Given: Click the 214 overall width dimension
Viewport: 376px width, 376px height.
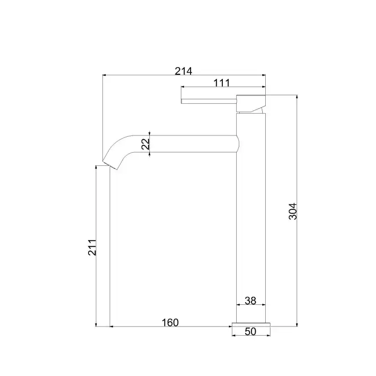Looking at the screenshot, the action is (x=184, y=71).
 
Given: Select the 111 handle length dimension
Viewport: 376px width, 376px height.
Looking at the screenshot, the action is (x=221, y=83).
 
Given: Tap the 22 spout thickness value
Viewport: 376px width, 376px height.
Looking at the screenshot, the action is (x=145, y=144).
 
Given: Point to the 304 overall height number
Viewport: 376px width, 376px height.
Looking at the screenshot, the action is (x=293, y=211).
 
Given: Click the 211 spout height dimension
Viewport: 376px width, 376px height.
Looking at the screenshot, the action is (x=92, y=247).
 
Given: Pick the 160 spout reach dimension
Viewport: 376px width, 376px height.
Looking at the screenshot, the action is (x=170, y=323).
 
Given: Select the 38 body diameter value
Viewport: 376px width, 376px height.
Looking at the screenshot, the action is (x=251, y=300).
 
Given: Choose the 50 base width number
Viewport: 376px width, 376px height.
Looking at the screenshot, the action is (x=251, y=331).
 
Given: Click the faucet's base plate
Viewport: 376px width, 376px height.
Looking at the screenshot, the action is (x=251, y=325).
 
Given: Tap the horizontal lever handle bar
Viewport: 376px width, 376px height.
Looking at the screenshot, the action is (x=209, y=101).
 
